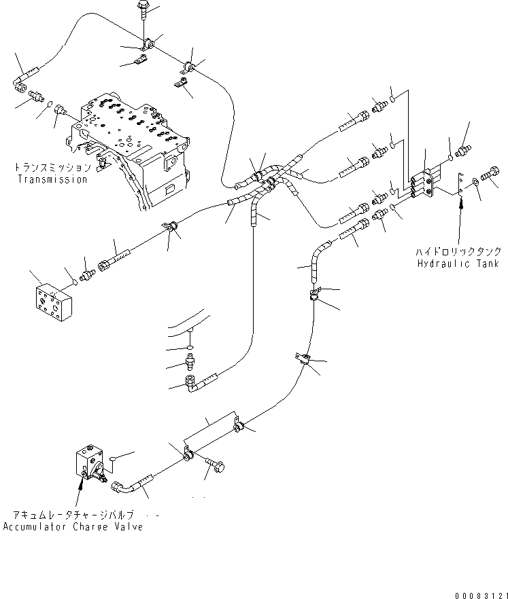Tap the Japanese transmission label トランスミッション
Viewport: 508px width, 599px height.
(51, 167)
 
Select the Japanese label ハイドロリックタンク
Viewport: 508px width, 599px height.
(459, 251)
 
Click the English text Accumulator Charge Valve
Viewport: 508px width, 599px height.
(73, 527)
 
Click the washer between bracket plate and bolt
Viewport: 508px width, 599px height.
(476, 181)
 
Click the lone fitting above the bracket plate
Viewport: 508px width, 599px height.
(464, 149)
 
